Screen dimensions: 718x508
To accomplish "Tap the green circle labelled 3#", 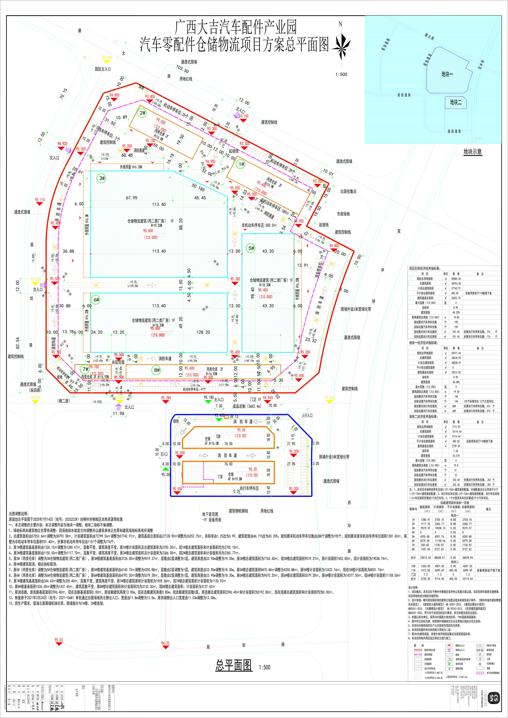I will [102, 178].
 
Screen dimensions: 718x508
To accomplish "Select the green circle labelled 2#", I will [143, 113].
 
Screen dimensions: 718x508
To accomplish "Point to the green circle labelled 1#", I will [241, 164].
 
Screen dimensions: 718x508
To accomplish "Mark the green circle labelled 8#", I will [157, 370].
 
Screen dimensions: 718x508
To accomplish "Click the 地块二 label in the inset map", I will [456, 102].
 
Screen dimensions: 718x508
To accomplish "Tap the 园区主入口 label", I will [103, 69].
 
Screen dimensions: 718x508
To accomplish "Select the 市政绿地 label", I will [343, 214].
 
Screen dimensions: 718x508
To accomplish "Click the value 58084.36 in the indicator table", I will [456, 278].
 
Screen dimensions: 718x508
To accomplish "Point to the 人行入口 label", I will [307, 415].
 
